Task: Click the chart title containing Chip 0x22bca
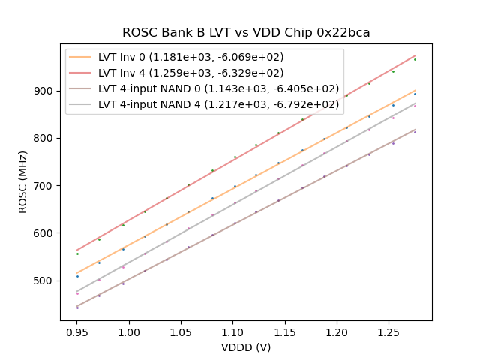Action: click(x=246, y=33)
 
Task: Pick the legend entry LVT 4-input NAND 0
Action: click(x=218, y=88)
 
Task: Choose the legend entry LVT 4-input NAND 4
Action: click(x=218, y=104)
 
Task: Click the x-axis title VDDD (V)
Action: click(x=246, y=347)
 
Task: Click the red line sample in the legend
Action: click(x=80, y=73)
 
